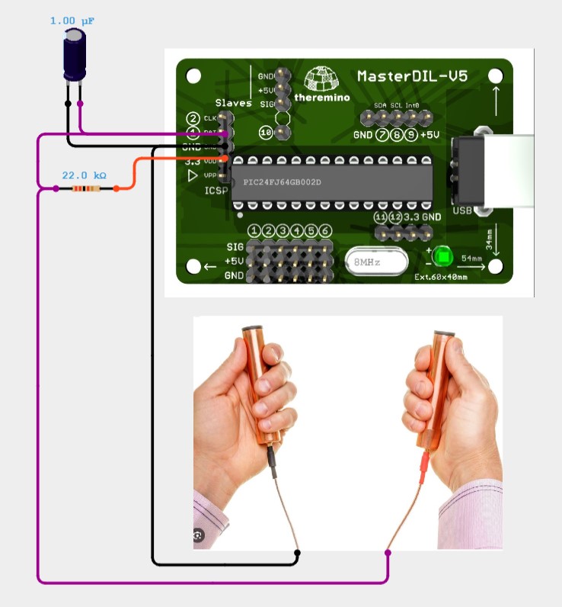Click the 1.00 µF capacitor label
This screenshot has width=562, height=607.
click(72, 21)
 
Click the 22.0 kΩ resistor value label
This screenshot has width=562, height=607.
click(84, 175)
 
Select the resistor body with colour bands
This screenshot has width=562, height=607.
click(85, 188)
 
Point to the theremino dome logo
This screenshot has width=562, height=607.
click(321, 79)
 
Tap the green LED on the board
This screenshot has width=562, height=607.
click(442, 255)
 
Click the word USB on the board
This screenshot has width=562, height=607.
click(462, 210)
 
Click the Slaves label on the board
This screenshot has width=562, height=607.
click(233, 104)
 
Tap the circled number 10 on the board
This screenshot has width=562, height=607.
click(266, 133)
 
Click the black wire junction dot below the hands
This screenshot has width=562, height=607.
click(297, 552)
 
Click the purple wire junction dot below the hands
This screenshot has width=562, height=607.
click(388, 552)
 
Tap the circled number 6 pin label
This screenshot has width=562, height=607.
click(324, 231)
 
